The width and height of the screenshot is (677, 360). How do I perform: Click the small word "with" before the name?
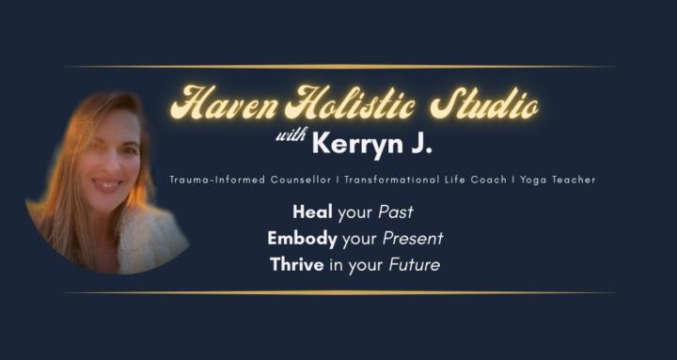pos(291,138)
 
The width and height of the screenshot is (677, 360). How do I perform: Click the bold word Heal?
pos(287,212)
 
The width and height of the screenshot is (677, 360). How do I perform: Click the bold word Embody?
pos(298,239)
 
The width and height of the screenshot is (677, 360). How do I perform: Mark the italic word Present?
pos(414,239)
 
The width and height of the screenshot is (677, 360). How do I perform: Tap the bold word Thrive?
pos(295,265)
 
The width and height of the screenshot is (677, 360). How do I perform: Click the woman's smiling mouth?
pos(105,185)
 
